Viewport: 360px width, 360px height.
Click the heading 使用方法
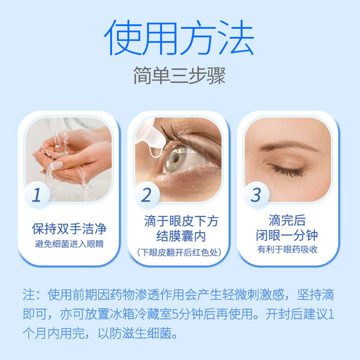click(x=180, y=38)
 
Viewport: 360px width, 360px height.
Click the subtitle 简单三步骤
click(x=180, y=76)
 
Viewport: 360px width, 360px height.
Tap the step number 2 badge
click(x=146, y=195)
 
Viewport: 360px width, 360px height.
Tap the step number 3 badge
click(x=256, y=195)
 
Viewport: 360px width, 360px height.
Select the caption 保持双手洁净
click(x=69, y=229)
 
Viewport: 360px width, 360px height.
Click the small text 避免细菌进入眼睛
click(x=69, y=244)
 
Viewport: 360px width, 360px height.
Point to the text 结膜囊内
click(x=179, y=236)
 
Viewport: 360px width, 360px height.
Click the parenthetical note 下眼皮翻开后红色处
click(x=179, y=253)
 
